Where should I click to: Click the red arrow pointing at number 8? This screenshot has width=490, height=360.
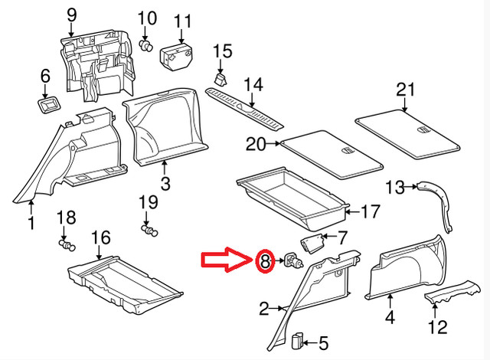click(x=226, y=261)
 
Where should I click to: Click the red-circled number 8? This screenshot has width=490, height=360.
click(x=264, y=262)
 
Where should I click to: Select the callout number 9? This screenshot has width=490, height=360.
click(x=72, y=15)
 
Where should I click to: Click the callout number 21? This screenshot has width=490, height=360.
click(x=404, y=90)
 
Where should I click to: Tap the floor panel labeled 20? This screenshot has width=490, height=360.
click(x=331, y=151)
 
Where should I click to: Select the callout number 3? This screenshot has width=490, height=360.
click(x=165, y=183)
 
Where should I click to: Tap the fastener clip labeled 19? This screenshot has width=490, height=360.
click(x=149, y=227)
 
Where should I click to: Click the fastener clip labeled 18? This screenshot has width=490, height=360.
click(x=67, y=244)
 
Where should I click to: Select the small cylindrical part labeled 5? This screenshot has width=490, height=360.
click(x=299, y=339)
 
